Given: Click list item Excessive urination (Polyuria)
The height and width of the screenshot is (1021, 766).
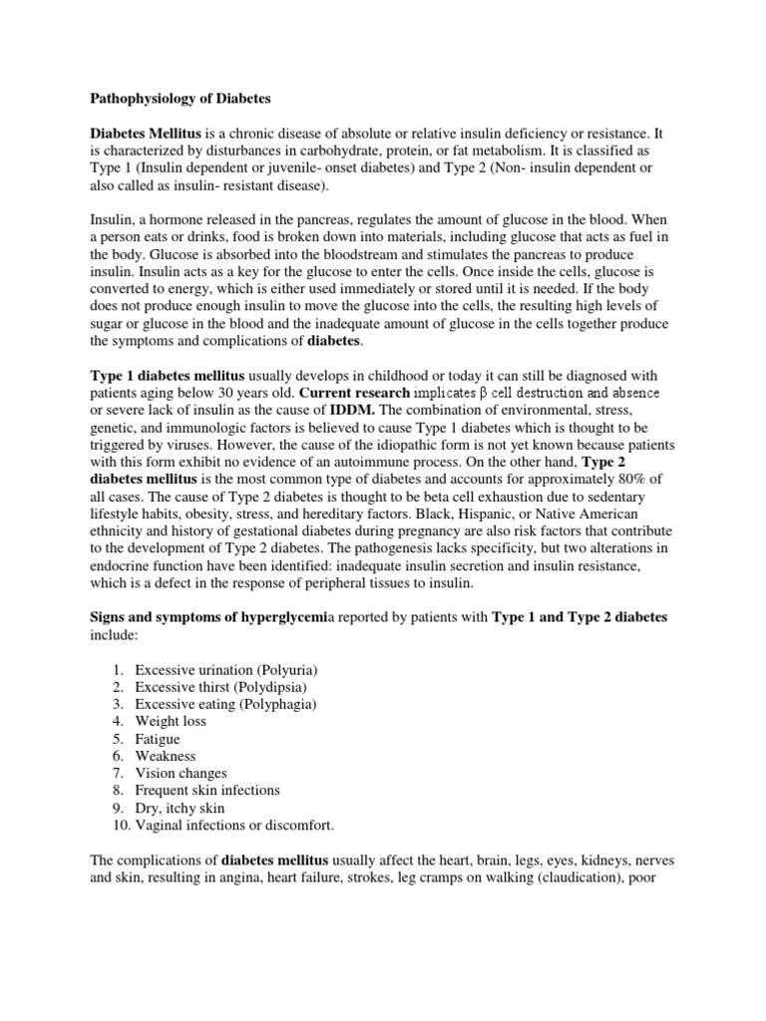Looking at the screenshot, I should pos(226,669).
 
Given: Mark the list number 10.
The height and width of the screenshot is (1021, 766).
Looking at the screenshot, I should pos(118,825).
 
